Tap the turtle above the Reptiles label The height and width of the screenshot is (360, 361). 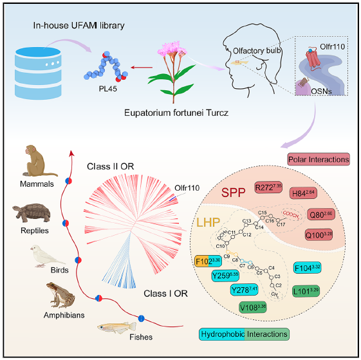click(33, 215)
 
